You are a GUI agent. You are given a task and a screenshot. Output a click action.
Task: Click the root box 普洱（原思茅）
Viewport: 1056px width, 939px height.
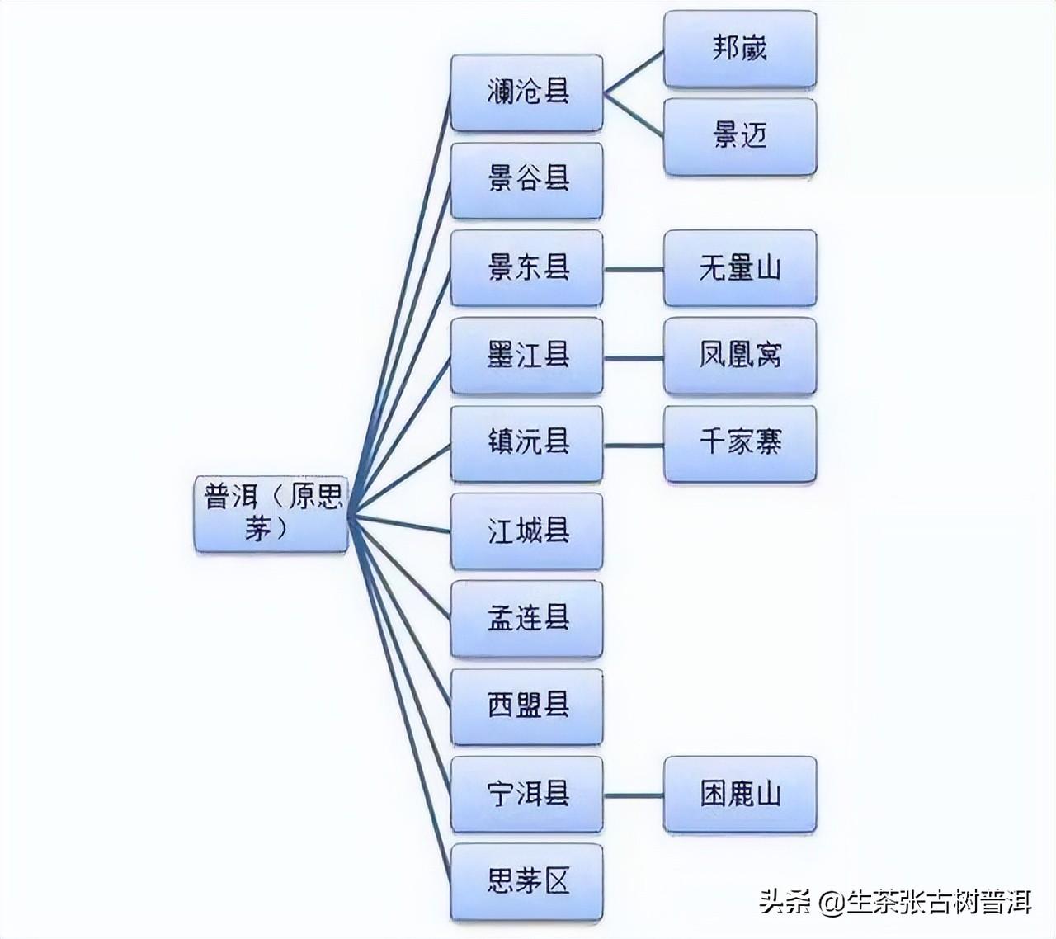[271, 513]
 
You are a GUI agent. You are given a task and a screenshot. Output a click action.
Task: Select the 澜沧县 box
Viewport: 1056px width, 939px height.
[527, 92]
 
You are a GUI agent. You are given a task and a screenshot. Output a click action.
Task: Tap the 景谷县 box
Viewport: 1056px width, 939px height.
[527, 181]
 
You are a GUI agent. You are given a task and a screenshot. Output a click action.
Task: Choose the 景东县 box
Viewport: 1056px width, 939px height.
[527, 268]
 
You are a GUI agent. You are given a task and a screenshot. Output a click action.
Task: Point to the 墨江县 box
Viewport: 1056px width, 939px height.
[527, 356]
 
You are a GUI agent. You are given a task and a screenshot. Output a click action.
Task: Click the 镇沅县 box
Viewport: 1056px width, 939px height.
[527, 444]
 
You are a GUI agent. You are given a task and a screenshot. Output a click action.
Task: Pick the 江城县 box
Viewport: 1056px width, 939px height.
[527, 531]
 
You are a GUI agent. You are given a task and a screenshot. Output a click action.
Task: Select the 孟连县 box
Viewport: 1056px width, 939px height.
[527, 619]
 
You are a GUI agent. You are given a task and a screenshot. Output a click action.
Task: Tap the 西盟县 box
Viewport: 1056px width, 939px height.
[527, 706]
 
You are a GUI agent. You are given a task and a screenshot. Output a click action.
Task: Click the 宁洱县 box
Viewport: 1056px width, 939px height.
[527, 794]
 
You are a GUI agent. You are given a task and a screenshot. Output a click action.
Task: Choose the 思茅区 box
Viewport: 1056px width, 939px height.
[527, 881]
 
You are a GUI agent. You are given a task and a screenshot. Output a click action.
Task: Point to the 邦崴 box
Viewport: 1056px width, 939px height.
[740, 49]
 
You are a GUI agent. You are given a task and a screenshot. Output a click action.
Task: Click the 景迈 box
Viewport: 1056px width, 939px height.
[740, 137]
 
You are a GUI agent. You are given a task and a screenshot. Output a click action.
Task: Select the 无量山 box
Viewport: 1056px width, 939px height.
[740, 268]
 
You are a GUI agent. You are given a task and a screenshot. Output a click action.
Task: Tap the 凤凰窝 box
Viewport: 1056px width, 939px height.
[740, 356]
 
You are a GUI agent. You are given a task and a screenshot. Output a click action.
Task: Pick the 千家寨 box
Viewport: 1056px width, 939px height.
[740, 444]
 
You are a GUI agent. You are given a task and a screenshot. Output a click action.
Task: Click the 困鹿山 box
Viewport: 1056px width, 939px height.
[740, 794]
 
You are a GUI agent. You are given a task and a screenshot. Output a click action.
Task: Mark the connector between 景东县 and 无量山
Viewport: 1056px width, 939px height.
[634, 270]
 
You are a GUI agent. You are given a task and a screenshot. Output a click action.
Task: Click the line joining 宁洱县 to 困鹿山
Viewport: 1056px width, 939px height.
[634, 795]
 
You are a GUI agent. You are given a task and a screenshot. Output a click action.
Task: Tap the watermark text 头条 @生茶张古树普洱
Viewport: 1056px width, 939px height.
[895, 902]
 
